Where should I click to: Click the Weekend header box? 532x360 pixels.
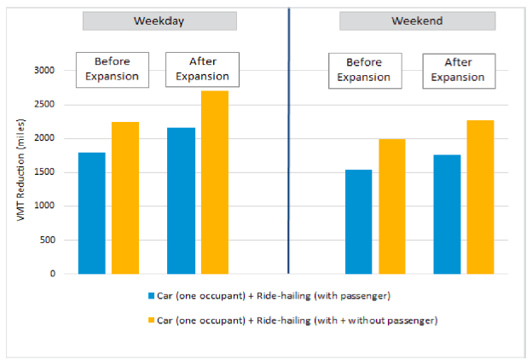[417, 21]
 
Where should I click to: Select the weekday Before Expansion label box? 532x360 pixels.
[113, 69]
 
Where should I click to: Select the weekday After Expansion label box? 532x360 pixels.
[202, 69]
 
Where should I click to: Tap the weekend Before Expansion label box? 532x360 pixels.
[364, 70]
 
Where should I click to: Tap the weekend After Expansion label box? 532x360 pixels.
[458, 70]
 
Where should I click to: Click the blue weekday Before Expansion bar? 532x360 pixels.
[92, 213]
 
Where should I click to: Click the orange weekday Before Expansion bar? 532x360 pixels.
[125, 198]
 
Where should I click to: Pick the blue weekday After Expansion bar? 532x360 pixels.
[181, 200]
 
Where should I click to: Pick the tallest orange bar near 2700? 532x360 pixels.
[214, 182]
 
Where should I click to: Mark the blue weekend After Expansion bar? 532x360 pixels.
[447, 214]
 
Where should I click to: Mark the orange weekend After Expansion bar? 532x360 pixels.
[480, 197]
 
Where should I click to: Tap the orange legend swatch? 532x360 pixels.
[151, 320]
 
